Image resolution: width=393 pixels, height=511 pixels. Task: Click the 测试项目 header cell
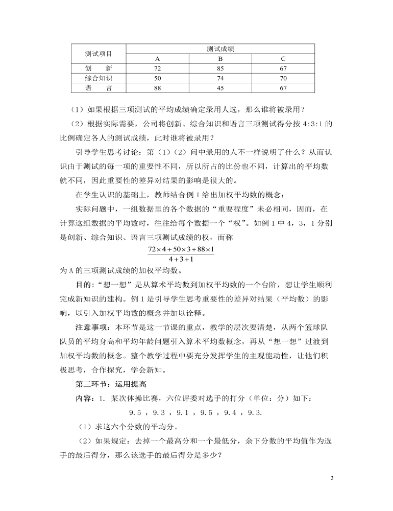99,54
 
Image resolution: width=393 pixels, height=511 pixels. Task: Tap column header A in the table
157,58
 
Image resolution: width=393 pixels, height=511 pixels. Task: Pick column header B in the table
220,58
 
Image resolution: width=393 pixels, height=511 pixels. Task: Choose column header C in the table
283,58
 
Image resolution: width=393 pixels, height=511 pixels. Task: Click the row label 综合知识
99,78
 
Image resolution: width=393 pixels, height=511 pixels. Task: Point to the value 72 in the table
157,68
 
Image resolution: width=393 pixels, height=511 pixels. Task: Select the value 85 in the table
220,68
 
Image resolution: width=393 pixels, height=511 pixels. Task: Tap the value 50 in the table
157,78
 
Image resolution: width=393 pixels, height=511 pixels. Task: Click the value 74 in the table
220,78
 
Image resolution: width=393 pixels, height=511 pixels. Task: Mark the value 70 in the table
283,78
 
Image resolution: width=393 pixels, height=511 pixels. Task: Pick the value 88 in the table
157,88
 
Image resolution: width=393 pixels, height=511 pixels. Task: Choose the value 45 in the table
220,88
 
